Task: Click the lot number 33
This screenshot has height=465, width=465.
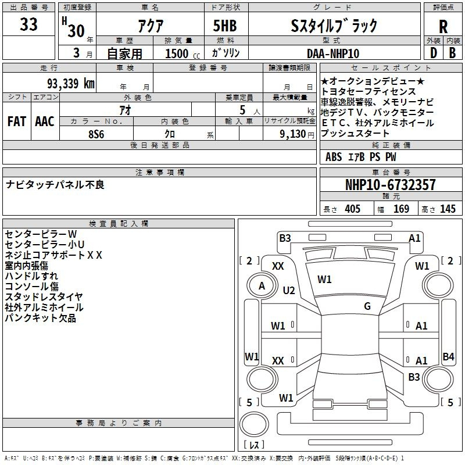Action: [x=28, y=24]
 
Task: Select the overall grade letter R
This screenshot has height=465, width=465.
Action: [x=443, y=27]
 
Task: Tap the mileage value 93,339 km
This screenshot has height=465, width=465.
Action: [x=70, y=83]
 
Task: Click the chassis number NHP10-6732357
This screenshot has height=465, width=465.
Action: [x=391, y=184]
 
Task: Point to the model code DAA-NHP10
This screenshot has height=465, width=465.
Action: [x=333, y=53]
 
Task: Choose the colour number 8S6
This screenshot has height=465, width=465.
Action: [x=96, y=134]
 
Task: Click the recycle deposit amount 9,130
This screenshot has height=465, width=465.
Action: [x=292, y=134]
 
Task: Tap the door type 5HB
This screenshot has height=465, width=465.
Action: [x=225, y=26]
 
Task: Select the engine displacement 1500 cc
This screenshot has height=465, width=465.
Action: [x=183, y=53]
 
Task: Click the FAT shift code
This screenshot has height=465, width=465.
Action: [x=17, y=121]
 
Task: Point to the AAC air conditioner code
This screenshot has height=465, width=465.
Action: [x=45, y=121]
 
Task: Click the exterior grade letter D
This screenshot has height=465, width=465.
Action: [x=434, y=53]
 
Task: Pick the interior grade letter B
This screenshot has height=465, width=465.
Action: [x=452, y=53]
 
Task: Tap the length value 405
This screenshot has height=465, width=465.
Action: [x=352, y=209]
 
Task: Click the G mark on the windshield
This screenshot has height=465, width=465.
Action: [x=367, y=306]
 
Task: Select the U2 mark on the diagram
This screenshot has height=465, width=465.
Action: [x=289, y=290]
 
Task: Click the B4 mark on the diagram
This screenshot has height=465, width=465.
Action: [x=448, y=356]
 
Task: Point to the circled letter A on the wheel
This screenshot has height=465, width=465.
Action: [x=262, y=286]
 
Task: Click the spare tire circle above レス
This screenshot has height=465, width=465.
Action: [x=254, y=424]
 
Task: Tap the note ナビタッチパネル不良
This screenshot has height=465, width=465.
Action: [x=55, y=184]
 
